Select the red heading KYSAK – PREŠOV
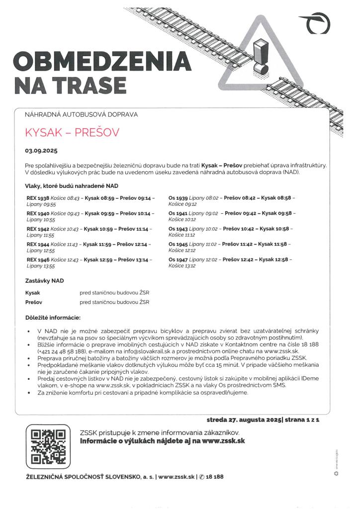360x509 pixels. point(72,133)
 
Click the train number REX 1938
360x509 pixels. point(37,198)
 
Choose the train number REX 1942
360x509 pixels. point(37,229)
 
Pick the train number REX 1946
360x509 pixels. point(37,259)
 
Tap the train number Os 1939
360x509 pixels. point(178,198)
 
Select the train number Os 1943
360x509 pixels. point(178,229)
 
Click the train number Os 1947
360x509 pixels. point(178,259)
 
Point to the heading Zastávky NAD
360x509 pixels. point(44,281)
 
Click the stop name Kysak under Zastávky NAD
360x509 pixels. point(33,293)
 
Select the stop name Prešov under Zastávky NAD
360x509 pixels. point(34,302)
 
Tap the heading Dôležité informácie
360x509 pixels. point(52,317)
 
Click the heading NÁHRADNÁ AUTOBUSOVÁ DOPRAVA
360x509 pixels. point(81,115)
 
